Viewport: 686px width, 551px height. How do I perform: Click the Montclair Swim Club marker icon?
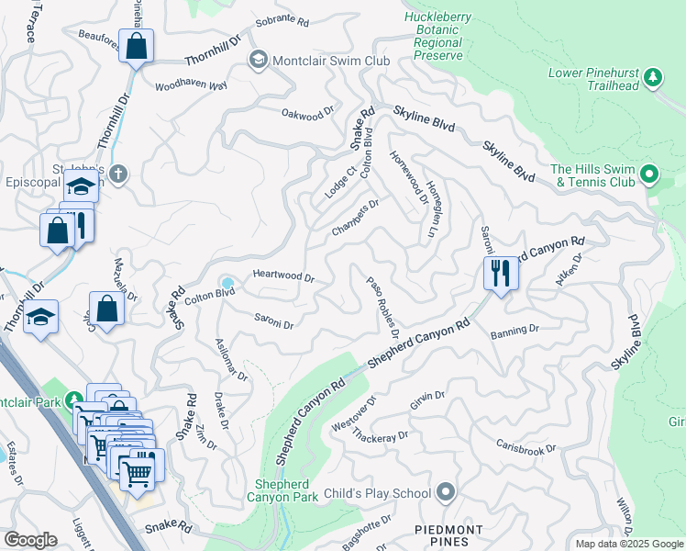(x=259, y=61)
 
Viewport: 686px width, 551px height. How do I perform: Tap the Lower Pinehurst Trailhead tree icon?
(x=652, y=78)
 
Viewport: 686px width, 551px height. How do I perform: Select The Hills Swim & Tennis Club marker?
(x=649, y=173)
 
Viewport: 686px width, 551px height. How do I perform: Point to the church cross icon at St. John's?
(x=117, y=174)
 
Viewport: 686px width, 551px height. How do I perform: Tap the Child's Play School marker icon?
(x=446, y=493)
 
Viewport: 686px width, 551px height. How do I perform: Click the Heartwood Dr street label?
(x=283, y=276)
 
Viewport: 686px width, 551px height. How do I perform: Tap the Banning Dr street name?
(x=514, y=331)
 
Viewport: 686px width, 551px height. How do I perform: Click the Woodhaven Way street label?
(x=191, y=85)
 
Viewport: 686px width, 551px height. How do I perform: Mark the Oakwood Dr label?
(x=307, y=115)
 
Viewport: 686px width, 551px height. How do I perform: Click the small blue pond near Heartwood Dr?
(x=227, y=281)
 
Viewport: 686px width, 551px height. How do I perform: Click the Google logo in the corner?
(x=30, y=539)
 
